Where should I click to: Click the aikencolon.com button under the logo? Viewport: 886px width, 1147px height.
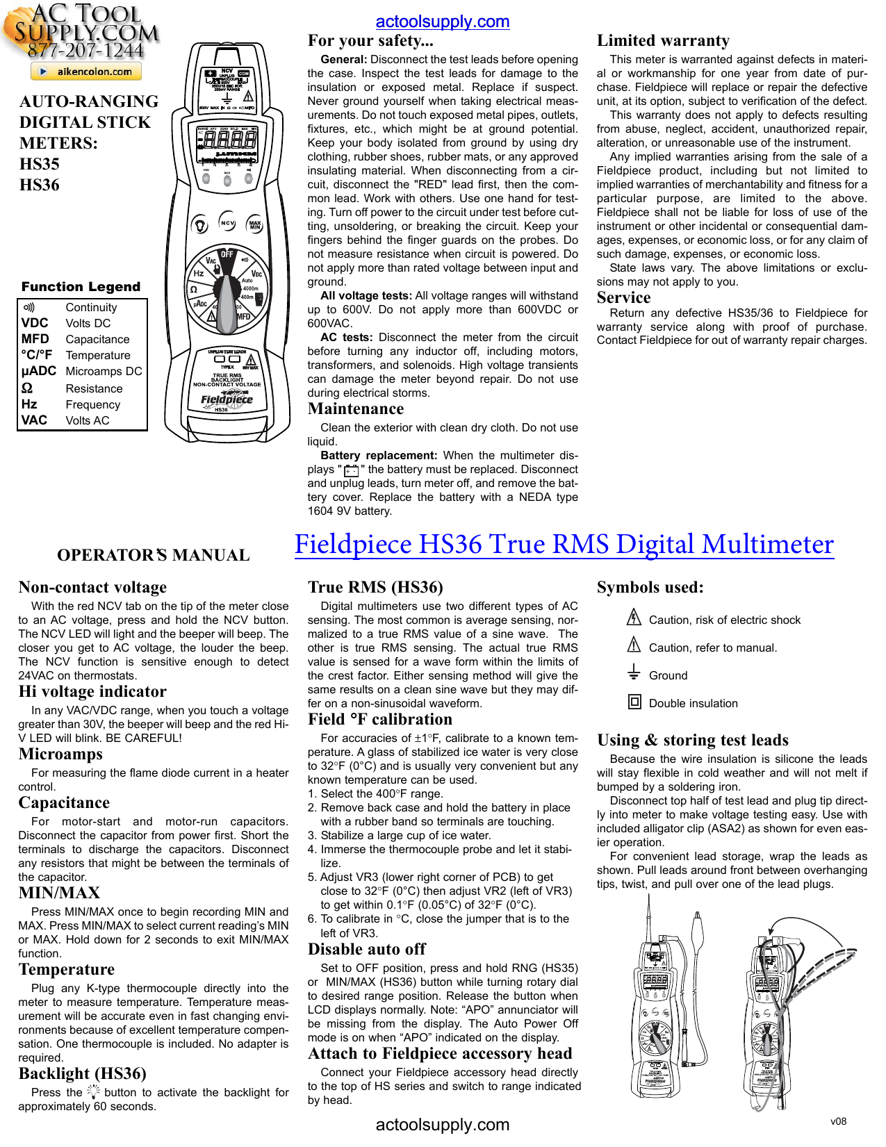[86, 71]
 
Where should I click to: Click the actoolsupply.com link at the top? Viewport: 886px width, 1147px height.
[443, 22]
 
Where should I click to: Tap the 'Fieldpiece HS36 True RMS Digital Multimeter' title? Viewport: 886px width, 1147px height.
[564, 544]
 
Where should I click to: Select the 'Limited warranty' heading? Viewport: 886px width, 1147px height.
[663, 41]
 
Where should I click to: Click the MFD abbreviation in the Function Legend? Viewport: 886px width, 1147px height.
[35, 339]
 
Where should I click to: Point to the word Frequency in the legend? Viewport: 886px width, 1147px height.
[92, 404]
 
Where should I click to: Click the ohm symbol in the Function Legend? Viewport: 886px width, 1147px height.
[27, 388]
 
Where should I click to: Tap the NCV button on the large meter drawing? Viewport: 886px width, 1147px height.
[227, 223]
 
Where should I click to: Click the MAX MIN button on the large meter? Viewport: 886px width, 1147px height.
[255, 224]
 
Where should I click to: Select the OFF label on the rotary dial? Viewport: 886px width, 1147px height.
[227, 254]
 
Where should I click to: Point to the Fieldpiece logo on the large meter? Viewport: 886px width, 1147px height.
[227, 399]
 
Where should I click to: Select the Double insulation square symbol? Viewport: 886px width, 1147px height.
[634, 702]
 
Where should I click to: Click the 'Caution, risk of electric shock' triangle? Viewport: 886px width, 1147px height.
[634, 617]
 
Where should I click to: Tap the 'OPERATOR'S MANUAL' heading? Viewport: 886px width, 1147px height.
[153, 555]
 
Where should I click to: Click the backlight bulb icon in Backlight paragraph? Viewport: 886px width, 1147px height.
[94, 1091]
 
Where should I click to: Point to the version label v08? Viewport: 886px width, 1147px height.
[839, 1121]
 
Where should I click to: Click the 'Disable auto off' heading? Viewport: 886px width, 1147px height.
[366, 949]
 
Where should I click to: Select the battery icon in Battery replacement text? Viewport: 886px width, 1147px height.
[351, 470]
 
